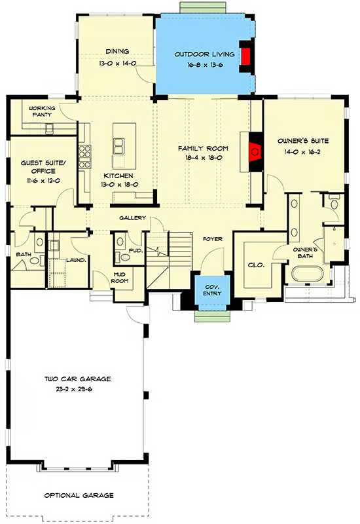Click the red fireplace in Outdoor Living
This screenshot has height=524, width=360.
[x=246, y=56]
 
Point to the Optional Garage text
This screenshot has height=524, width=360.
[x=79, y=495]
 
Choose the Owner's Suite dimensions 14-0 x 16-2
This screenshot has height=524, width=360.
[x=302, y=151]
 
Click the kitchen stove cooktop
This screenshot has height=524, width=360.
[x=84, y=155]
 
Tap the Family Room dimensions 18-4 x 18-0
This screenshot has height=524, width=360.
[x=203, y=158]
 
